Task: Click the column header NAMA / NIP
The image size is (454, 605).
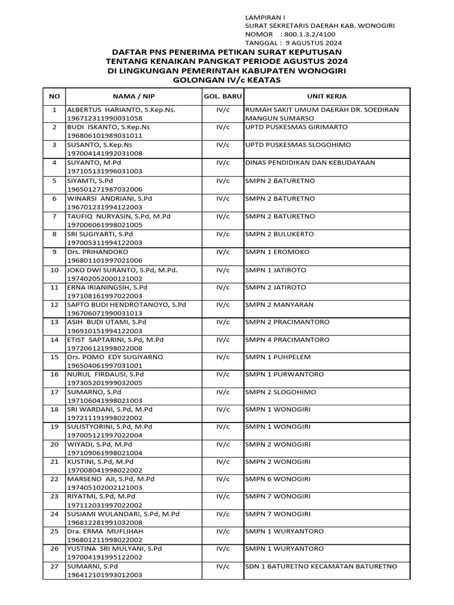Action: click(x=139, y=96)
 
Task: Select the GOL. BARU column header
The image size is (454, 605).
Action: click(x=219, y=96)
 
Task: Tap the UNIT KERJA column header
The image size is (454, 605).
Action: click(x=326, y=96)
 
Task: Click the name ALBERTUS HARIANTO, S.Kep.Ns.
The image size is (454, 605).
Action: click(x=121, y=110)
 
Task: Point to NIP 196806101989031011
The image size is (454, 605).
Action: click(x=105, y=135)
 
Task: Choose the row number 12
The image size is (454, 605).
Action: click(x=54, y=305)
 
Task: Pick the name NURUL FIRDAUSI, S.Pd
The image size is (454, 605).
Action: click(x=105, y=375)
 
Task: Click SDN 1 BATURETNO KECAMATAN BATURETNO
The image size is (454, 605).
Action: click(x=322, y=567)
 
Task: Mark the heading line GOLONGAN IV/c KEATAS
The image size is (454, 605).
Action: click(x=227, y=80)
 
